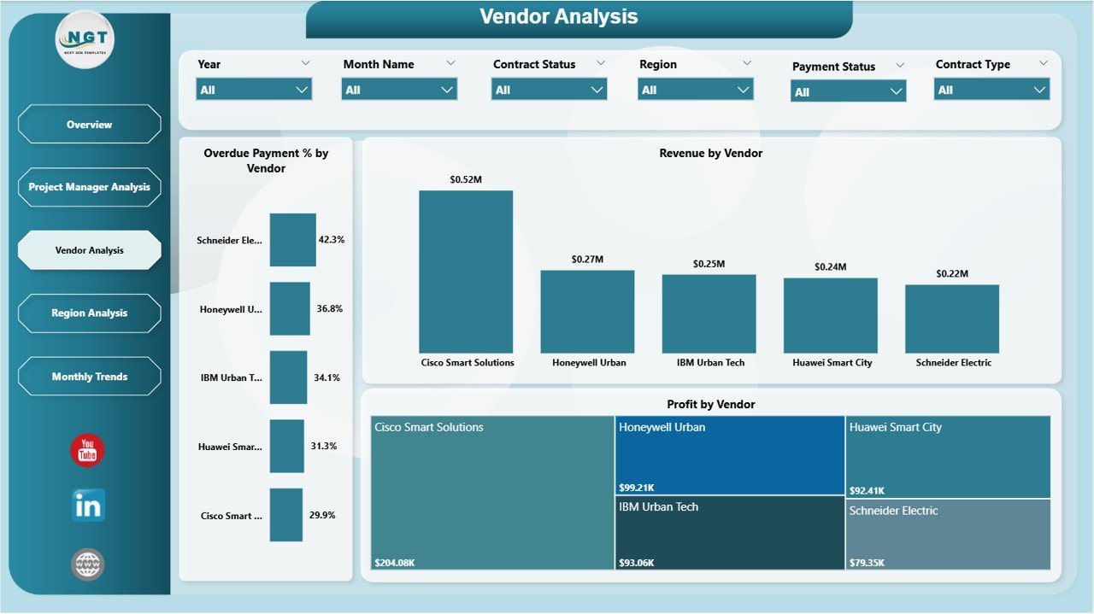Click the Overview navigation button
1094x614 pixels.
pyautogui.click(x=89, y=125)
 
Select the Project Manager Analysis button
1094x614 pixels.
pyautogui.click(x=89, y=187)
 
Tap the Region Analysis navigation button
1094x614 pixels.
pyautogui.click(x=89, y=313)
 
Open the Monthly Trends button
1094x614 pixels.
pyautogui.click(x=89, y=377)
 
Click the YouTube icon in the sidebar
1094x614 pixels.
pyautogui.click(x=87, y=451)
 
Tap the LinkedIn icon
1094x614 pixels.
pyautogui.click(x=88, y=506)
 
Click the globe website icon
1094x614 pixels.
pyautogui.click(x=88, y=564)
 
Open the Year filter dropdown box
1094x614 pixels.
pyautogui.click(x=254, y=90)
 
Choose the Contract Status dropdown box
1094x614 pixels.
pyautogui.click(x=549, y=90)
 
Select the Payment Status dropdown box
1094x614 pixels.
pyautogui.click(x=848, y=91)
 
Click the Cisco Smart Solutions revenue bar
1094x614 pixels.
pyautogui.click(x=466, y=272)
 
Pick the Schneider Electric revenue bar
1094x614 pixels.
pyautogui.click(x=951, y=319)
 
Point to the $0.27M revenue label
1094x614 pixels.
pyautogui.click(x=587, y=259)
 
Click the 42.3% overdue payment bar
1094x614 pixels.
pyautogui.click(x=292, y=240)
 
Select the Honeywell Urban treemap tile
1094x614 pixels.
pyautogui.click(x=729, y=455)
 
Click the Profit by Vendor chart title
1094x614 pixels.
pyautogui.click(x=710, y=404)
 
